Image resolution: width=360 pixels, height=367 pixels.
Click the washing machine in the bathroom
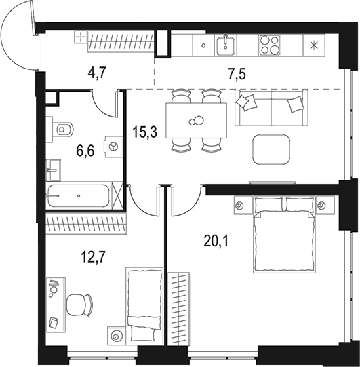pyautogui.click(x=113, y=145)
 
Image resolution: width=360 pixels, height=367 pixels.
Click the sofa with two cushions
pyautogui.click(x=270, y=108)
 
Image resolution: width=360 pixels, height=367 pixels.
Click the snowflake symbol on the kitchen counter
pyautogui.click(x=313, y=45)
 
